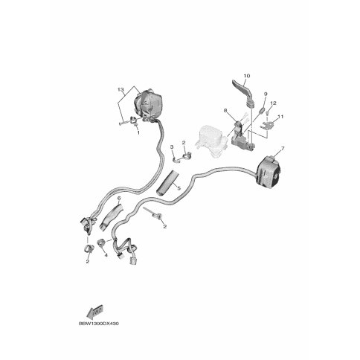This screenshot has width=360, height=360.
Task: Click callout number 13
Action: (120, 89)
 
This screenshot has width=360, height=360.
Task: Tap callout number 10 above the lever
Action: (247, 76)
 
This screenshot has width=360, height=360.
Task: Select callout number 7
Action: (283, 149)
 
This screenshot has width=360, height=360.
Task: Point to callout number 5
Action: (179, 188)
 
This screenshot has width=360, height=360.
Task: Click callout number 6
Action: (119, 198)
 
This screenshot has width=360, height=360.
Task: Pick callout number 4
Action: (106, 255)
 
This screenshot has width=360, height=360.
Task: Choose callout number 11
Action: (280, 116)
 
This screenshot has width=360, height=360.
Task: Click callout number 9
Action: (266, 94)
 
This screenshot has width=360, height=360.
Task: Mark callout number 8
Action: (225, 110)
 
